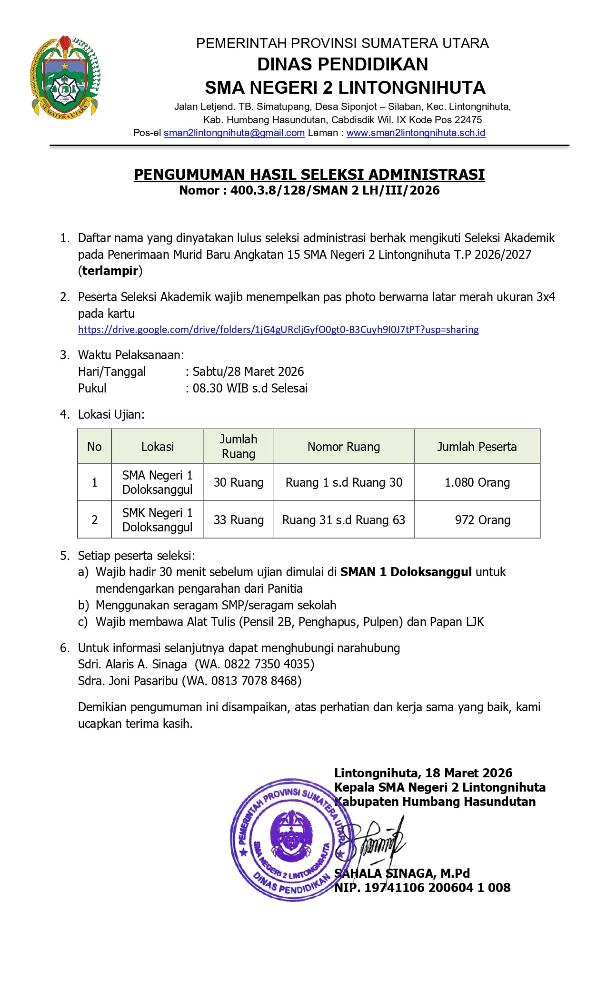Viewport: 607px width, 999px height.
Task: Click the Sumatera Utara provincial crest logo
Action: point(65,77)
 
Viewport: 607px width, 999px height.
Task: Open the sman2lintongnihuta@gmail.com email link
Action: point(234,133)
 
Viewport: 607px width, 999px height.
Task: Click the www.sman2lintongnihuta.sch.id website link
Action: point(416,133)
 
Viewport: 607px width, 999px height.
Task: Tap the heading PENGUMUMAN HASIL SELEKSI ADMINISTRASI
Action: point(309,175)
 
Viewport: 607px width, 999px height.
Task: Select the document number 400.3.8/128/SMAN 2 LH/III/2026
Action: point(335,191)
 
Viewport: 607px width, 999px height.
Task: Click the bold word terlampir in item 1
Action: point(110,271)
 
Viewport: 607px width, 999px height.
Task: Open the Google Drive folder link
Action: point(278,330)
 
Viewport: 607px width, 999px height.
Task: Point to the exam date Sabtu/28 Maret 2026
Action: point(248,372)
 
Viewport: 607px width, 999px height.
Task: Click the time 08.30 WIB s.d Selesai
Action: point(250,388)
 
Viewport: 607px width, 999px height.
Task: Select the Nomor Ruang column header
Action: point(343,447)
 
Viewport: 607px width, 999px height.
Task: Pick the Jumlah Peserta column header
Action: point(477,447)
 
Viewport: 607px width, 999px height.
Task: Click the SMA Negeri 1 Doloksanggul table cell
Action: point(157,482)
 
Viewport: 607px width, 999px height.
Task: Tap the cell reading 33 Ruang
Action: point(239,520)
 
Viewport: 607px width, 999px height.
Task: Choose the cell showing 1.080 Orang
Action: point(477,482)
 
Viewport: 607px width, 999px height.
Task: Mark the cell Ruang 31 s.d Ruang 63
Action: point(343,520)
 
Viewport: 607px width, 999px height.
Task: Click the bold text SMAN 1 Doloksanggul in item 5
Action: point(406,572)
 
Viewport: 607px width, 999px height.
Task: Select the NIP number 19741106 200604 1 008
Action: point(437,888)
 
